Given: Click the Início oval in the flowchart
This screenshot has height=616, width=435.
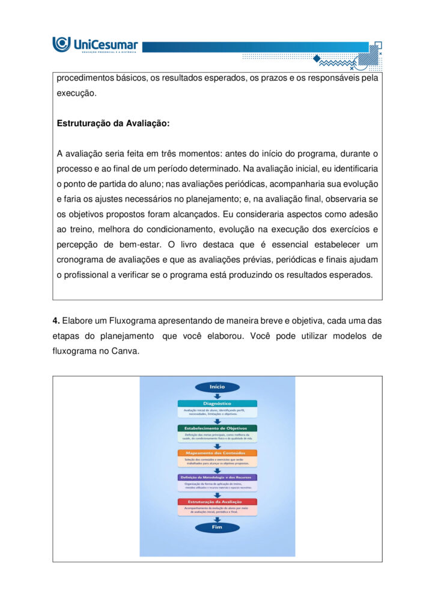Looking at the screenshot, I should (217, 387).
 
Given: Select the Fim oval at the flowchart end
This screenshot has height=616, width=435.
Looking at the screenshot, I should (217, 527).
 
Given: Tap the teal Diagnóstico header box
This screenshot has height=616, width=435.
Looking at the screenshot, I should (217, 404).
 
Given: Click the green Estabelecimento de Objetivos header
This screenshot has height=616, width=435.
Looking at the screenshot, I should (217, 428).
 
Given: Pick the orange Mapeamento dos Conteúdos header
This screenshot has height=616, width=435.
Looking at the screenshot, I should (217, 453).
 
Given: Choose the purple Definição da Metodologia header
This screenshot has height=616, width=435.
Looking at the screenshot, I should (217, 477).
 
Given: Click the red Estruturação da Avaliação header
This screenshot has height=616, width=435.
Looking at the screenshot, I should (217, 502).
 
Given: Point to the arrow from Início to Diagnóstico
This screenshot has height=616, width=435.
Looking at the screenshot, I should (217, 396).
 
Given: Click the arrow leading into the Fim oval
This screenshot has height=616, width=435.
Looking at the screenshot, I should (217, 519).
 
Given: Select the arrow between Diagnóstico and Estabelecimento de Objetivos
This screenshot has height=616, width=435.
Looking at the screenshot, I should (217, 420).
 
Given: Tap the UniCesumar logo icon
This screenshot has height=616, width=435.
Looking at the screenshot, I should (61, 44).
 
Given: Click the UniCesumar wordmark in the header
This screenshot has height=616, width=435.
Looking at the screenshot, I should (105, 44).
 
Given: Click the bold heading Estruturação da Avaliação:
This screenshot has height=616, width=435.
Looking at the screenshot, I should (114, 123).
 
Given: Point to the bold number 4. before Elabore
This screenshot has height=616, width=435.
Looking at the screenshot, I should (56, 321).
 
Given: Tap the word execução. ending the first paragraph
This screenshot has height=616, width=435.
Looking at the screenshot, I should (76, 93).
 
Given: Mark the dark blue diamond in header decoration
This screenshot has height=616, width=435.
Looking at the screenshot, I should (316, 58).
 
